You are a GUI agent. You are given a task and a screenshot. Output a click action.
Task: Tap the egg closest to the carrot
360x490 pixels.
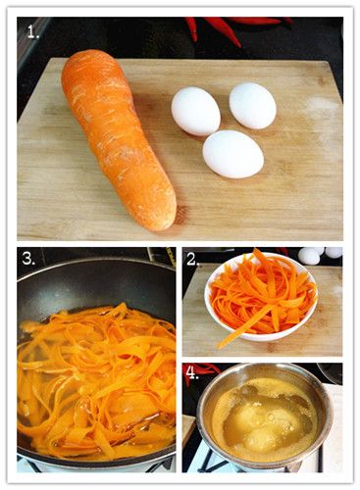[196, 111]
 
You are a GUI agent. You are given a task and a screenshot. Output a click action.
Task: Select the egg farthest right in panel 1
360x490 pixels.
[253, 106]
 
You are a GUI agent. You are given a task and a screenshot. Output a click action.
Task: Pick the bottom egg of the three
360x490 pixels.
[232, 154]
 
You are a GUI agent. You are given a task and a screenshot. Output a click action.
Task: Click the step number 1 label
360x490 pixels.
[33, 32]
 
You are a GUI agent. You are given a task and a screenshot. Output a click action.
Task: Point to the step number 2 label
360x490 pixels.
[193, 260]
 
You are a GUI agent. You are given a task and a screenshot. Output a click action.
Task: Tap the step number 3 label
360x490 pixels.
[28, 259]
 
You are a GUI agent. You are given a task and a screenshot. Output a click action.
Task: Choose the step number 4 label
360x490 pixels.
[192, 372]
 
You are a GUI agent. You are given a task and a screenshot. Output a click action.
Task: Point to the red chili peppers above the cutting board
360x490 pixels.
[229, 26]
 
